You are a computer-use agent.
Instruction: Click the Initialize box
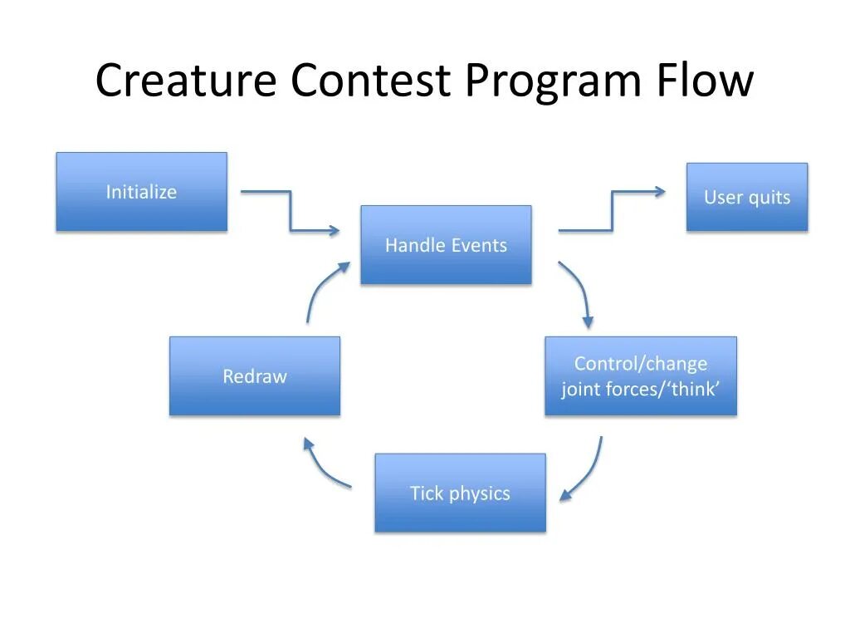point(141,192)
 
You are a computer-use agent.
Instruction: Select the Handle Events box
point(446,245)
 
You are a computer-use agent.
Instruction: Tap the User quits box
point(746,197)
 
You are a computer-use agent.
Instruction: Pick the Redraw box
point(255,375)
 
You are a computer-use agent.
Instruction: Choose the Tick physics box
point(460,493)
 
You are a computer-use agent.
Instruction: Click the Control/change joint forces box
point(640,375)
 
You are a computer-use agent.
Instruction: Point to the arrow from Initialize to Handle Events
point(291,213)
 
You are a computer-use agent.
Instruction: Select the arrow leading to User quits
point(613,210)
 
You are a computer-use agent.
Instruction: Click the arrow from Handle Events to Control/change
point(580,291)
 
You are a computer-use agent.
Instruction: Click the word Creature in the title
point(186,81)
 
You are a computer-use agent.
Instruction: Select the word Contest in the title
point(370,81)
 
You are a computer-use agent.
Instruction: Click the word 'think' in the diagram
point(692,389)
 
